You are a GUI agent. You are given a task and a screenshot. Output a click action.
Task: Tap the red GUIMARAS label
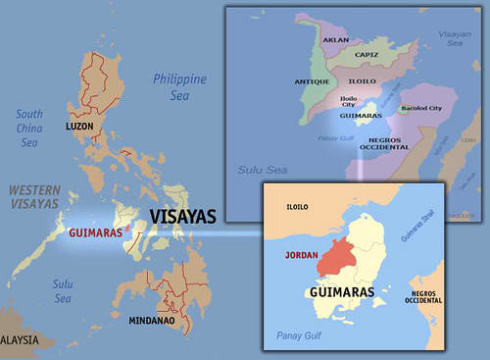95,233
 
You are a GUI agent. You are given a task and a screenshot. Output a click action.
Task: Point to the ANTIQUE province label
310,82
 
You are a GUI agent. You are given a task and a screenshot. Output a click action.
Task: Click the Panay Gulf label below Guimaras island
302,335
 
